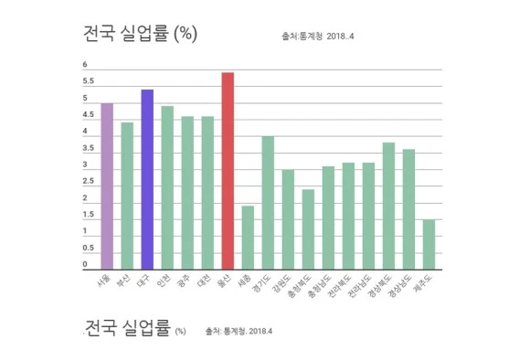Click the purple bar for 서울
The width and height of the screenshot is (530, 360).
tap(107, 185)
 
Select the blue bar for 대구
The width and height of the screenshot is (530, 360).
tap(146, 179)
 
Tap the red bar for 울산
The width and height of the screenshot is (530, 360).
tap(228, 171)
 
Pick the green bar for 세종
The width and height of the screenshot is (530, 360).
tap(248, 238)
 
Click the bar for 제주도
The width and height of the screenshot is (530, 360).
tap(429, 244)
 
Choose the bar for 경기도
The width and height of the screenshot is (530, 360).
tap(268, 203)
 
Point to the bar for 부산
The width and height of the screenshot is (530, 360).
tap(127, 196)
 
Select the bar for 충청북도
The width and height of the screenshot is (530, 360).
tap(308, 229)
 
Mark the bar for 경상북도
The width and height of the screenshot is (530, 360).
tap(388, 206)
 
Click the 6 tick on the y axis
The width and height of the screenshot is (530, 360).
tap(85, 65)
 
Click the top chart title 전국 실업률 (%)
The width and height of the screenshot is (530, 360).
tap(140, 35)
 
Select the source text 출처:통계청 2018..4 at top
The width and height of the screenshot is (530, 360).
tap(330, 37)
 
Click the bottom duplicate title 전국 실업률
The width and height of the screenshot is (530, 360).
tap(128, 328)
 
